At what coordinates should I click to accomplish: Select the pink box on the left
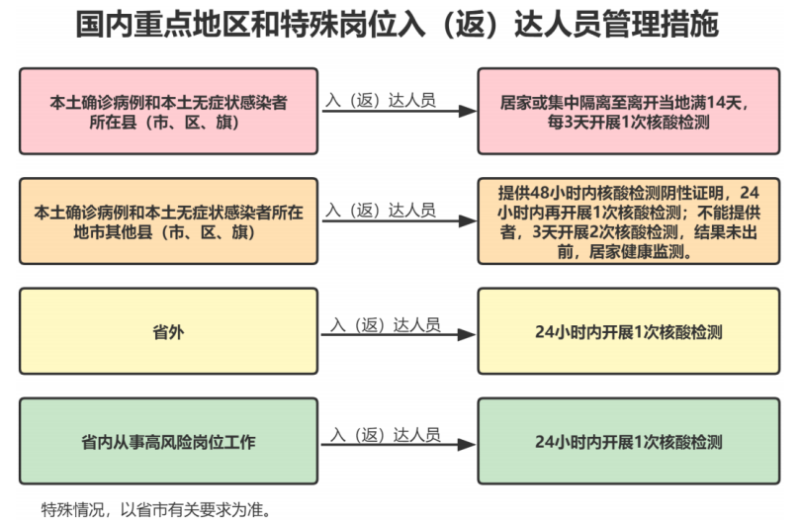(169, 111)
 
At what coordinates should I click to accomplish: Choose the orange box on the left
(169, 221)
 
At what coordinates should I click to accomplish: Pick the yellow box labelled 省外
(169, 332)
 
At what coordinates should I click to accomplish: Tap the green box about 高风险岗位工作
(169, 441)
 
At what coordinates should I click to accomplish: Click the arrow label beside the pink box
(381, 100)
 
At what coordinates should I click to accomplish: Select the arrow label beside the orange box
(381, 210)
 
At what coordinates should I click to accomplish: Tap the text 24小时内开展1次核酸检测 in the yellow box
(627, 332)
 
